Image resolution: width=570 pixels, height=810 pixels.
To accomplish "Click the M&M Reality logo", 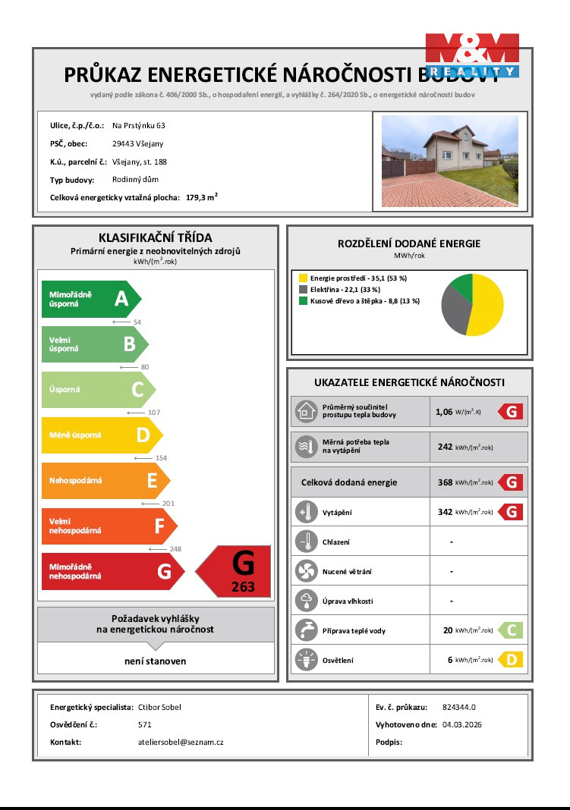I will click(x=471, y=55).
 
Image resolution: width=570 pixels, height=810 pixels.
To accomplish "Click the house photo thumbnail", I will click(x=449, y=160).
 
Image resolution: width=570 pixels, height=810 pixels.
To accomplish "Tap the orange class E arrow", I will click(x=105, y=481).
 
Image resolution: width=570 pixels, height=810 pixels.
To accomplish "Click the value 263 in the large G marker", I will click(x=243, y=586).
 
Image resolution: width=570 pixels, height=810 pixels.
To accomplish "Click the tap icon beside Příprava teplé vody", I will click(x=306, y=630).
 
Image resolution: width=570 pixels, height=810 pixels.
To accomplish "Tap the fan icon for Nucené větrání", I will click(x=306, y=571).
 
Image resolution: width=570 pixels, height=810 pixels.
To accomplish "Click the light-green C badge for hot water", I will click(x=511, y=630).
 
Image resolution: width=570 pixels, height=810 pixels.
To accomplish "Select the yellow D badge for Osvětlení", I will click(x=511, y=660).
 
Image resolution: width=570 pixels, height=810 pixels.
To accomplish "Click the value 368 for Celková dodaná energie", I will click(x=445, y=482).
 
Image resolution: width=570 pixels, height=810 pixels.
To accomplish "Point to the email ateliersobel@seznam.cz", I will click(x=175, y=742).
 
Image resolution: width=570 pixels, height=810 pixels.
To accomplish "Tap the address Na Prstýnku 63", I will click(x=138, y=125).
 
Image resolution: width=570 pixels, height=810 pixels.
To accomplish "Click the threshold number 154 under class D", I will click(x=160, y=458).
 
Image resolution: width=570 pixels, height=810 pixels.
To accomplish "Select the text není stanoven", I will click(x=155, y=661).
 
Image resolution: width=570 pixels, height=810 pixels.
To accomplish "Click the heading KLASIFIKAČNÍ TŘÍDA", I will click(x=155, y=238).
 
